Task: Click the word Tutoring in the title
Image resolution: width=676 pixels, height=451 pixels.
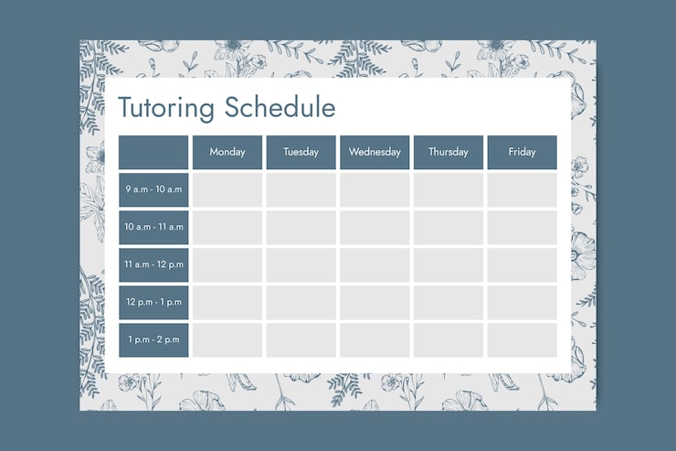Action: point(166,108)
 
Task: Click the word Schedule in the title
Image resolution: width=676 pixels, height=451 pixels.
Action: point(280,108)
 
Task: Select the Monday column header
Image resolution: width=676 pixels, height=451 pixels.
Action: point(227,152)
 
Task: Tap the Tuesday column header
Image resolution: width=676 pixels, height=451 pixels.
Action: point(301,152)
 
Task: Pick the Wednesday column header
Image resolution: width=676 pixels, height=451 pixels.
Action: point(375,152)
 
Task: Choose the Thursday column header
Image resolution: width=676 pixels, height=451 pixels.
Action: point(449,152)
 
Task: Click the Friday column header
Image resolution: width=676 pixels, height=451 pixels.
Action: point(522,152)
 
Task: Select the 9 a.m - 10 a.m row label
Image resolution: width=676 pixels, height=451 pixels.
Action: point(153,189)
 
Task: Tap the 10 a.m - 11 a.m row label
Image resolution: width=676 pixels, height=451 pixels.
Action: point(153,227)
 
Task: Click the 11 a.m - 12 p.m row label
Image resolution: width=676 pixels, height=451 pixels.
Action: point(153,264)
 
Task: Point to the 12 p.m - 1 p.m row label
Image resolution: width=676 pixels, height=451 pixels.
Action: point(153,302)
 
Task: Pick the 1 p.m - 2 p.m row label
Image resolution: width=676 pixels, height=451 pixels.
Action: point(153,339)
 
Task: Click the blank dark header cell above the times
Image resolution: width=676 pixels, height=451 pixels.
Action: point(153,152)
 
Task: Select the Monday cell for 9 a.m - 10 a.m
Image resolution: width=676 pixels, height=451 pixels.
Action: point(227,189)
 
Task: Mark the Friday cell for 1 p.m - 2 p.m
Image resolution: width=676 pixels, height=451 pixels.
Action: point(522,339)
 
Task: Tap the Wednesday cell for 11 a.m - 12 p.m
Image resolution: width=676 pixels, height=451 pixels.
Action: point(375,264)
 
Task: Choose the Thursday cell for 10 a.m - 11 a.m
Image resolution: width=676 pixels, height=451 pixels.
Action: point(449,227)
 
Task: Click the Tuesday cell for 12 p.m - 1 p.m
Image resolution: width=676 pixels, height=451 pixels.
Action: point(301,302)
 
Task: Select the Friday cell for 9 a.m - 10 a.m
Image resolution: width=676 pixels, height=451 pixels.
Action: point(522,189)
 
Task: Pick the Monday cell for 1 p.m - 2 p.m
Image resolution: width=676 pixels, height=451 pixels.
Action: point(227,339)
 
